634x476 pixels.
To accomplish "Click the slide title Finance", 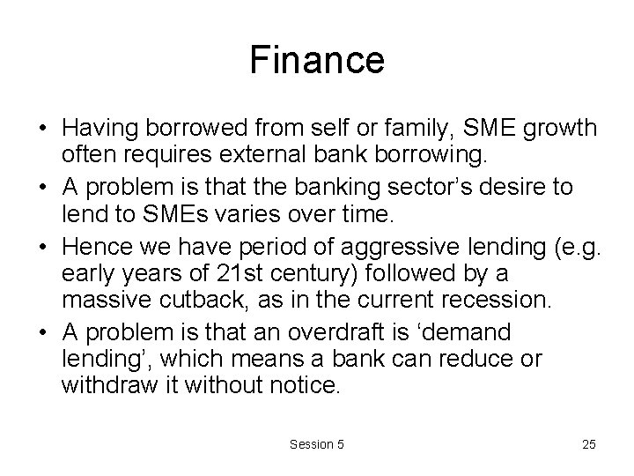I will pos(317,61).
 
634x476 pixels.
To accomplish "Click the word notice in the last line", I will pos(301,384).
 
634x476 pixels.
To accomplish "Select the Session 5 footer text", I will pos(317,444).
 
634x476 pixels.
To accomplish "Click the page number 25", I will pos(588,444).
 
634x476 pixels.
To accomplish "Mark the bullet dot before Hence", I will pos(43,244).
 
